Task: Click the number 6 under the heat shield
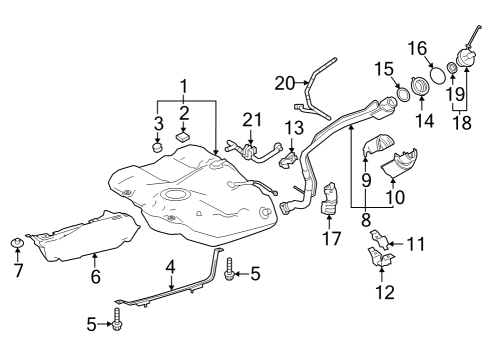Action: pyautogui.click(x=95, y=276)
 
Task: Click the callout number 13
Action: pyautogui.click(x=293, y=128)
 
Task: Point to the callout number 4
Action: pyautogui.click(x=171, y=267)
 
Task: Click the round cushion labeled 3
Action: pyautogui.click(x=156, y=148)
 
